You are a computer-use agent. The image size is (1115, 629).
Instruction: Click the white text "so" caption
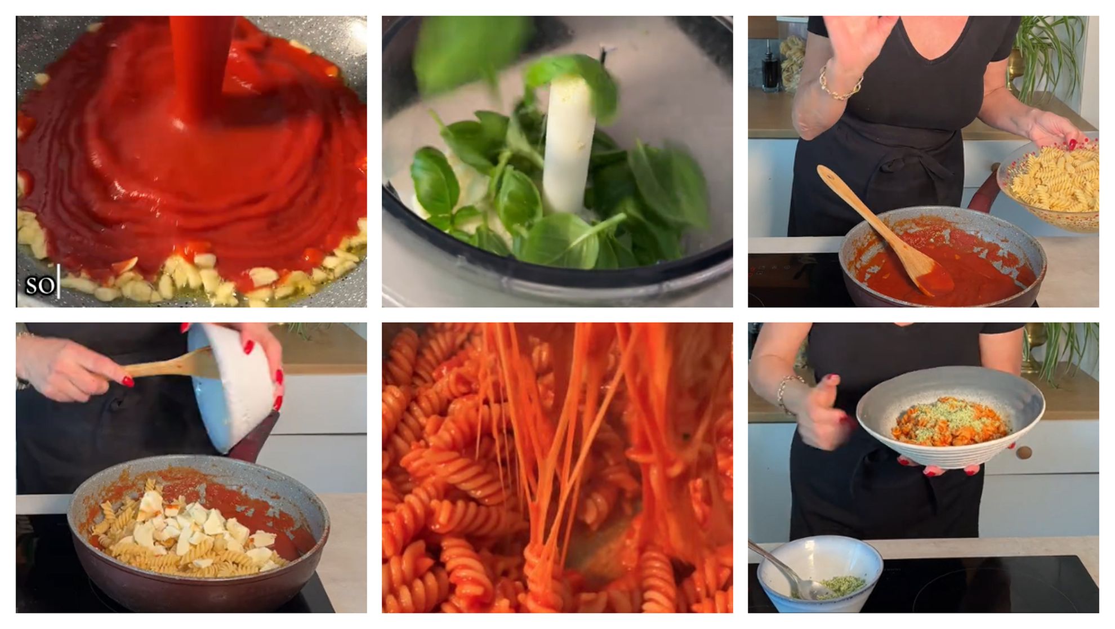point(40,285)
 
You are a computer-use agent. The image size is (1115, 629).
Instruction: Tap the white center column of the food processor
point(568,141)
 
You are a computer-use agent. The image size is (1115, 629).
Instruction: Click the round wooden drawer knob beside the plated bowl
point(1024,452)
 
